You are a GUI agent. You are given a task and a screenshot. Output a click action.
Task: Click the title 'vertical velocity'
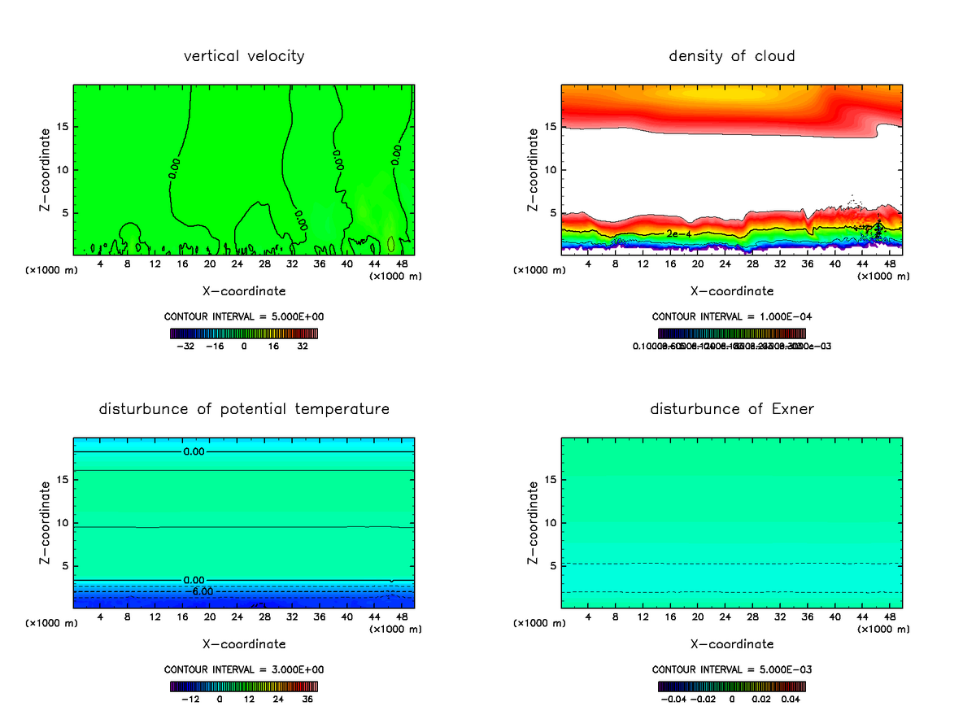(244, 56)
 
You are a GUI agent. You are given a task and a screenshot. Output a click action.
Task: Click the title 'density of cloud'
(731, 56)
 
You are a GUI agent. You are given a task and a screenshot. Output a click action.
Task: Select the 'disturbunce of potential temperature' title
(244, 408)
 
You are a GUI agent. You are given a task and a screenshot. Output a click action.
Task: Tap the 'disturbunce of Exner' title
(731, 408)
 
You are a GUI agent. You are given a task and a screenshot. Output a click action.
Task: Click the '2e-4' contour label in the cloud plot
(678, 234)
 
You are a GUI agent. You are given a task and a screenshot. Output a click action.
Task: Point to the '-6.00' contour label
(201, 591)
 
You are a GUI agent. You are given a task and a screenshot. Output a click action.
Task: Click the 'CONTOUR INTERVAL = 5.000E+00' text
(244, 316)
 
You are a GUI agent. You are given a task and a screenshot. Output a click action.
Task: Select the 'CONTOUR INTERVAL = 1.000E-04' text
(731, 316)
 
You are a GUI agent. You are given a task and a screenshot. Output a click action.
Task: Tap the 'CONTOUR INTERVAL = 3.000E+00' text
(244, 669)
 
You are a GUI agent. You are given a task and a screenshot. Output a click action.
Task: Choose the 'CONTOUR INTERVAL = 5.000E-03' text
(731, 669)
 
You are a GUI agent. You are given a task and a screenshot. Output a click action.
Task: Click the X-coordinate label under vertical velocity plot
(244, 290)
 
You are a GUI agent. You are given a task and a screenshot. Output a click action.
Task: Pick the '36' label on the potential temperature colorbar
(307, 699)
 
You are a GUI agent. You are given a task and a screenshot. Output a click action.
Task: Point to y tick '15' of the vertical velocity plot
(63, 127)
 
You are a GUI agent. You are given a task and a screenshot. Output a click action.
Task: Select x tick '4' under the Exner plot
(588, 617)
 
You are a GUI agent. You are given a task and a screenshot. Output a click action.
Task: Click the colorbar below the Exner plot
(731, 686)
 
